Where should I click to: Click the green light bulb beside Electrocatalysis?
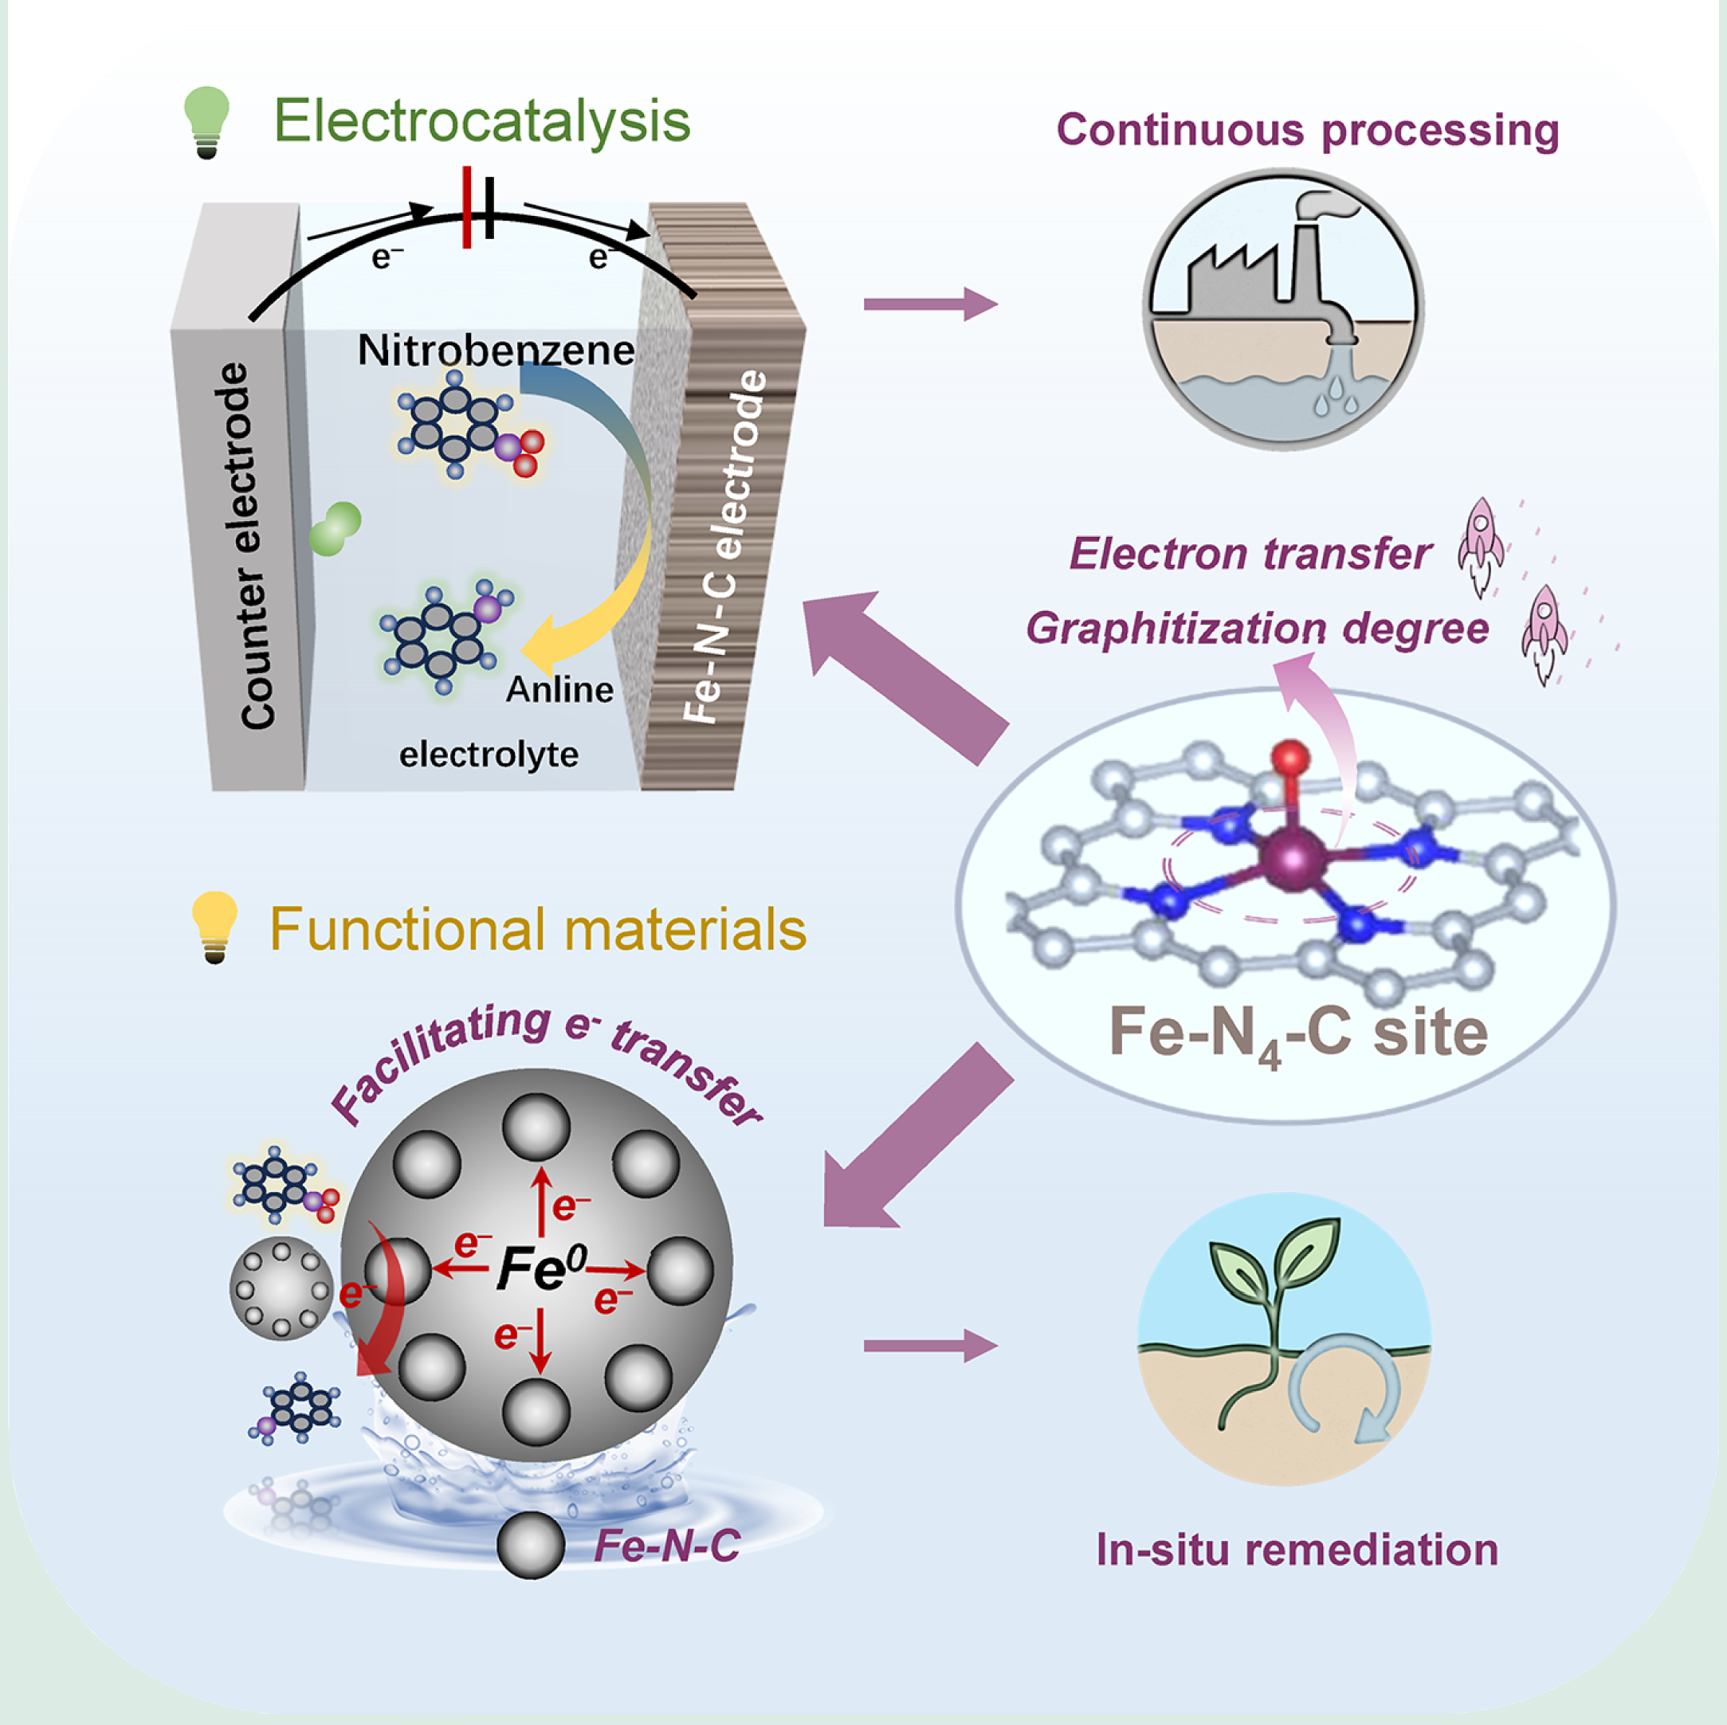click(x=206, y=120)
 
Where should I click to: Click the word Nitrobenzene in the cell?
click(x=497, y=351)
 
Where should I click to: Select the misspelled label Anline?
click(x=559, y=689)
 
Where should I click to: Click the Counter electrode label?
click(x=244, y=545)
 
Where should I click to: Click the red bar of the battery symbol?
click(x=466, y=206)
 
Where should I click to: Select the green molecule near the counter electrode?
click(x=336, y=528)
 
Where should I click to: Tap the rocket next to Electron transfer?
click(x=1480, y=545)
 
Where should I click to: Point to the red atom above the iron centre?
click(x=1290, y=758)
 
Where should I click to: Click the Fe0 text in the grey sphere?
click(x=542, y=1268)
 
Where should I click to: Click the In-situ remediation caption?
click(x=1297, y=1551)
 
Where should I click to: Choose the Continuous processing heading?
click(x=1308, y=131)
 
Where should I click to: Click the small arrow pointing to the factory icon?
click(x=930, y=304)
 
